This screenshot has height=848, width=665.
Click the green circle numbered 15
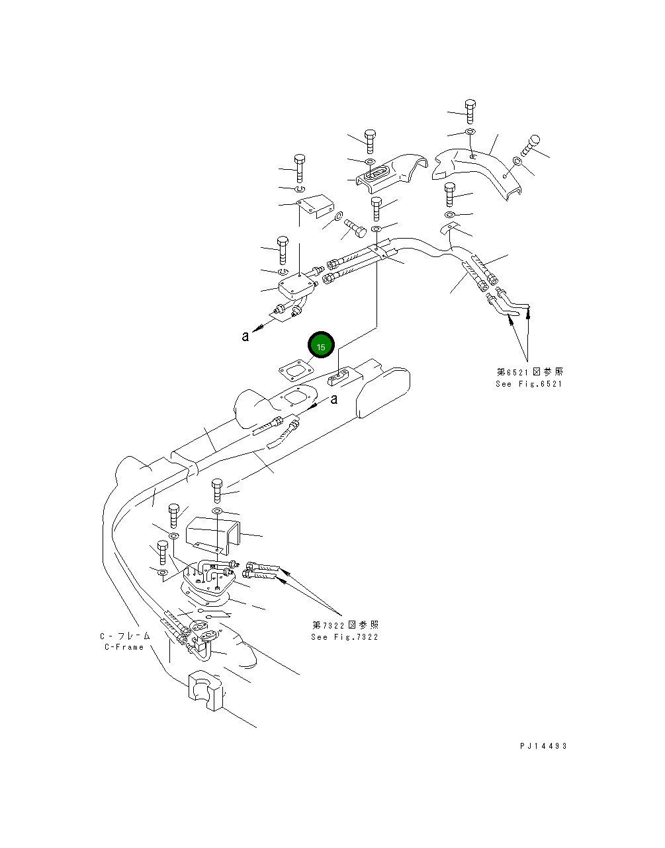click(x=321, y=346)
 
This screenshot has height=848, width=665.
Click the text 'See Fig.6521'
click(x=529, y=384)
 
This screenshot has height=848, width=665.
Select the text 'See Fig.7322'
click(x=345, y=637)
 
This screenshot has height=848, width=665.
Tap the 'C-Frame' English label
click(x=124, y=647)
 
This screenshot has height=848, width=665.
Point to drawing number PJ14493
click(x=543, y=746)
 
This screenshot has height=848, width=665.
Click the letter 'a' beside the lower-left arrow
click(x=245, y=336)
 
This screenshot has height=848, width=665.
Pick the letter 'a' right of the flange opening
click(x=334, y=399)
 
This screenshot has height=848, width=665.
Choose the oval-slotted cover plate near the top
click(x=381, y=173)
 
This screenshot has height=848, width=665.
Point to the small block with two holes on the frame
click(x=339, y=377)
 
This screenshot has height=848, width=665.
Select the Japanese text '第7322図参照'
click(x=345, y=625)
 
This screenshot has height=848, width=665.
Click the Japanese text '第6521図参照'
click(x=530, y=372)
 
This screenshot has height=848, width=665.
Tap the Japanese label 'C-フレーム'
click(x=125, y=636)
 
